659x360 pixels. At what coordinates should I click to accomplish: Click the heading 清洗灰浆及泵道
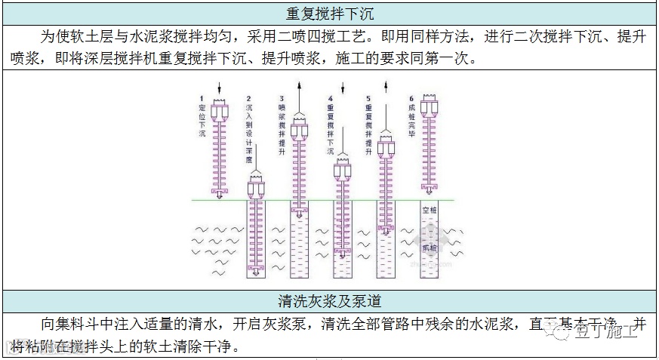(330, 301)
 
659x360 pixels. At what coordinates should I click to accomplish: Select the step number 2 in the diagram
(248, 100)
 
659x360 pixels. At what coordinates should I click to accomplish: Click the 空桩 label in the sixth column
(430, 211)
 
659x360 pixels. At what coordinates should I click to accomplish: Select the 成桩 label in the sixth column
(430, 247)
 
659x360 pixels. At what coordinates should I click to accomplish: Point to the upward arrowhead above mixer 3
(299, 85)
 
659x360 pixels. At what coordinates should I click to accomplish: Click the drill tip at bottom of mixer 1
(220, 195)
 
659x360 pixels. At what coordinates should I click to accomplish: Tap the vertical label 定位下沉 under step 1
(202, 121)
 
